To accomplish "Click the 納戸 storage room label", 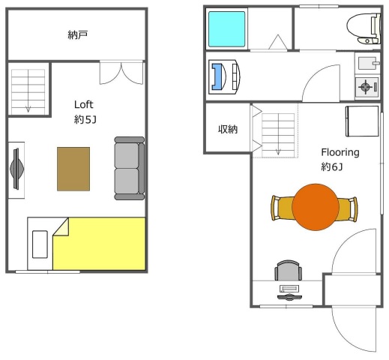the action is tap(77, 34).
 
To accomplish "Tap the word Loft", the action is tap(84, 104).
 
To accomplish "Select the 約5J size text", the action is tap(85, 120).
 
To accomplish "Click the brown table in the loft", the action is tap(73, 169).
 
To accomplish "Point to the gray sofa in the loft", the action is tap(130, 168).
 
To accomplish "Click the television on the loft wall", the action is tap(17, 169).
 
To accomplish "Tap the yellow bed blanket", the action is tap(99, 244).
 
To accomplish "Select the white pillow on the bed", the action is tap(40, 244).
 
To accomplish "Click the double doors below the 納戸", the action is tap(121, 73).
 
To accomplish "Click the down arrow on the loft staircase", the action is tap(28, 108).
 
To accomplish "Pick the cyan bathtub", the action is tap(226, 29).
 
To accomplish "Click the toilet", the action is tap(364, 28).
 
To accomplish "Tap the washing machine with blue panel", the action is tap(224, 76).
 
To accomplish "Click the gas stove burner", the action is tap(365, 87).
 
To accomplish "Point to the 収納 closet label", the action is tap(228, 129).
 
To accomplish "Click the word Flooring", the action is tap(340, 152).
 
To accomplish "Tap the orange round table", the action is tap(316, 207).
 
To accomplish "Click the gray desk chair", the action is tap(288, 271).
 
